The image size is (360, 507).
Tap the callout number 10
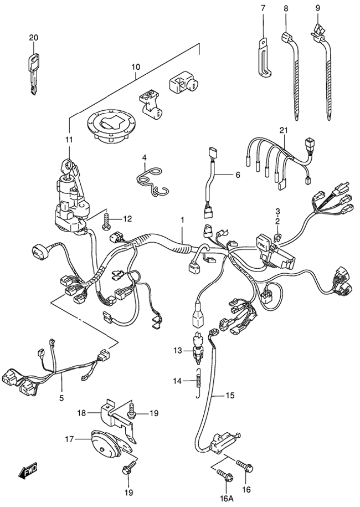coord(136,68)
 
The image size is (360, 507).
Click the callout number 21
coord(284,130)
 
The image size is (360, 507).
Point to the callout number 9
coord(318,8)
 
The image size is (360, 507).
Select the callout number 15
coord(230,395)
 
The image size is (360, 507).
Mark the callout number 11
coord(69,140)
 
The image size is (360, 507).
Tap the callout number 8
coord(286,8)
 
